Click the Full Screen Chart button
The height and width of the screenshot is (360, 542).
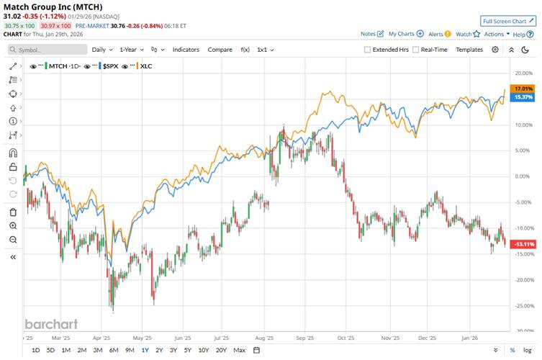tap(508, 21)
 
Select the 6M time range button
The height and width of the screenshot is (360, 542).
tap(114, 350)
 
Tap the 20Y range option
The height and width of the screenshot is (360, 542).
tap(221, 350)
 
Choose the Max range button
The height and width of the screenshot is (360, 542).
tap(240, 350)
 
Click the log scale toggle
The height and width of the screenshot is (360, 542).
tap(528, 350)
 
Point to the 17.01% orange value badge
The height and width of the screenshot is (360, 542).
tap(521, 89)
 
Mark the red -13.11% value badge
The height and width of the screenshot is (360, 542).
tap(521, 244)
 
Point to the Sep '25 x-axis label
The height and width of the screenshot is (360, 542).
tap(305, 337)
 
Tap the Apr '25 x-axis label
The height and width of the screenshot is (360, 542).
tap(101, 337)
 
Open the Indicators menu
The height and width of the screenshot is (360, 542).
tap(186, 50)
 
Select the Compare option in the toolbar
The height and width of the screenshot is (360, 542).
tap(220, 50)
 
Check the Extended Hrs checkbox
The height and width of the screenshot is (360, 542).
tap(367, 50)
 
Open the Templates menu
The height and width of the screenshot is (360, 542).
tap(469, 50)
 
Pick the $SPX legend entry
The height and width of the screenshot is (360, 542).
tap(110, 66)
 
